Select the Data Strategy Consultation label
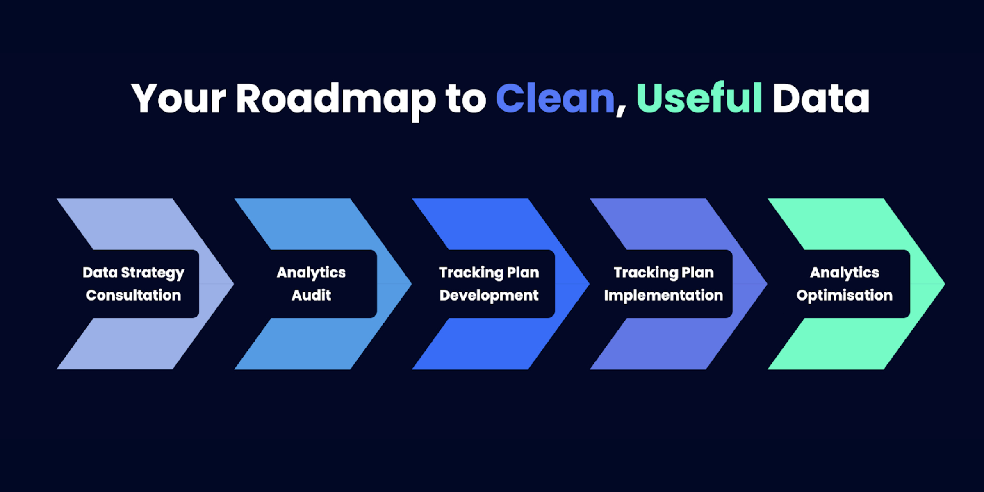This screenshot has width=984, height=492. tap(133, 284)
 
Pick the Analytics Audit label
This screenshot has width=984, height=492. tap(311, 284)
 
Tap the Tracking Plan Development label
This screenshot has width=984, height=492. tap(489, 284)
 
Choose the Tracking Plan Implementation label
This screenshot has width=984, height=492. tap(663, 284)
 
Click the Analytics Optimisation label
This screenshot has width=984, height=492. tap(845, 284)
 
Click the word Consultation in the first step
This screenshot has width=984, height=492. tap(133, 295)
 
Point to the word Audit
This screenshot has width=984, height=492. tap(311, 295)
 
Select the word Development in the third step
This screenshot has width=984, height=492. tap(489, 295)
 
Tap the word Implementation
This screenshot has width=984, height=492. tap(663, 295)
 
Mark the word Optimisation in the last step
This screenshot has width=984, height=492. tap(845, 295)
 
